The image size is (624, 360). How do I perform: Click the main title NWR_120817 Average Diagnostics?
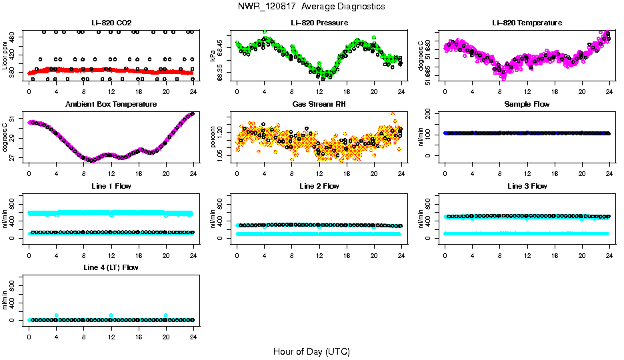[x=311, y=7]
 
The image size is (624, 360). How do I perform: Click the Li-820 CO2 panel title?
[x=111, y=23]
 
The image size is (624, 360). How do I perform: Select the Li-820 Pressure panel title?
[x=319, y=23]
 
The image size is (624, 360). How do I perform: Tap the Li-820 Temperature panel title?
[x=527, y=23]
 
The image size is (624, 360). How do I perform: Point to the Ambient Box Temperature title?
[x=111, y=105]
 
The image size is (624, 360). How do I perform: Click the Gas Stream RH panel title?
[x=319, y=105]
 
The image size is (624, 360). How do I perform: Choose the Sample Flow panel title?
[x=527, y=105]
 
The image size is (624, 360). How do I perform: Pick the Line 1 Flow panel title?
[x=111, y=186]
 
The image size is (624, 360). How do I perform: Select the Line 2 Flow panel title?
[x=319, y=186]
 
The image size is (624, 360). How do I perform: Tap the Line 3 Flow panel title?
[x=527, y=186]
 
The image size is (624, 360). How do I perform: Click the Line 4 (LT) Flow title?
[x=111, y=267]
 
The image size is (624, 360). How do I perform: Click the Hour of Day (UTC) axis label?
[x=311, y=351]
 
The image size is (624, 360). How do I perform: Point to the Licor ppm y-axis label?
[x=5, y=55]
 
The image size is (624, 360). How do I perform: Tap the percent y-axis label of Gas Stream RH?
[x=213, y=137]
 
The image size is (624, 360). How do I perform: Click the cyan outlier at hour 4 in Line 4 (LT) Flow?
[x=57, y=315]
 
